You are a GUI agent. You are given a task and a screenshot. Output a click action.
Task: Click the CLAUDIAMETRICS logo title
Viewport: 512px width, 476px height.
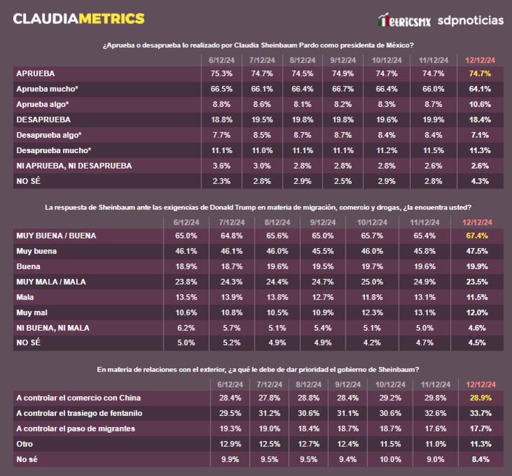tap(79, 18)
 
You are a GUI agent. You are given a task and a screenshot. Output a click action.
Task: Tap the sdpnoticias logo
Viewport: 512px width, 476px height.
tap(470, 20)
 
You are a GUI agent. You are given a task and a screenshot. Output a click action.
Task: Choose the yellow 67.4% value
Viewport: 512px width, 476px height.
tap(476, 236)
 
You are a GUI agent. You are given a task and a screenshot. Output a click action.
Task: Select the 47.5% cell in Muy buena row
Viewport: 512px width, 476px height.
tap(476, 251)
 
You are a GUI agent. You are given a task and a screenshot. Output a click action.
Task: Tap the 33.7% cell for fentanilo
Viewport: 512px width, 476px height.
tap(480, 413)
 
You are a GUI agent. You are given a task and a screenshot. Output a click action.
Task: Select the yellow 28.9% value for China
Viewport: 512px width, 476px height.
tap(480, 398)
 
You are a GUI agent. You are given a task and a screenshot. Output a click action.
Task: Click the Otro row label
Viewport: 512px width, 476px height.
tap(24, 444)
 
